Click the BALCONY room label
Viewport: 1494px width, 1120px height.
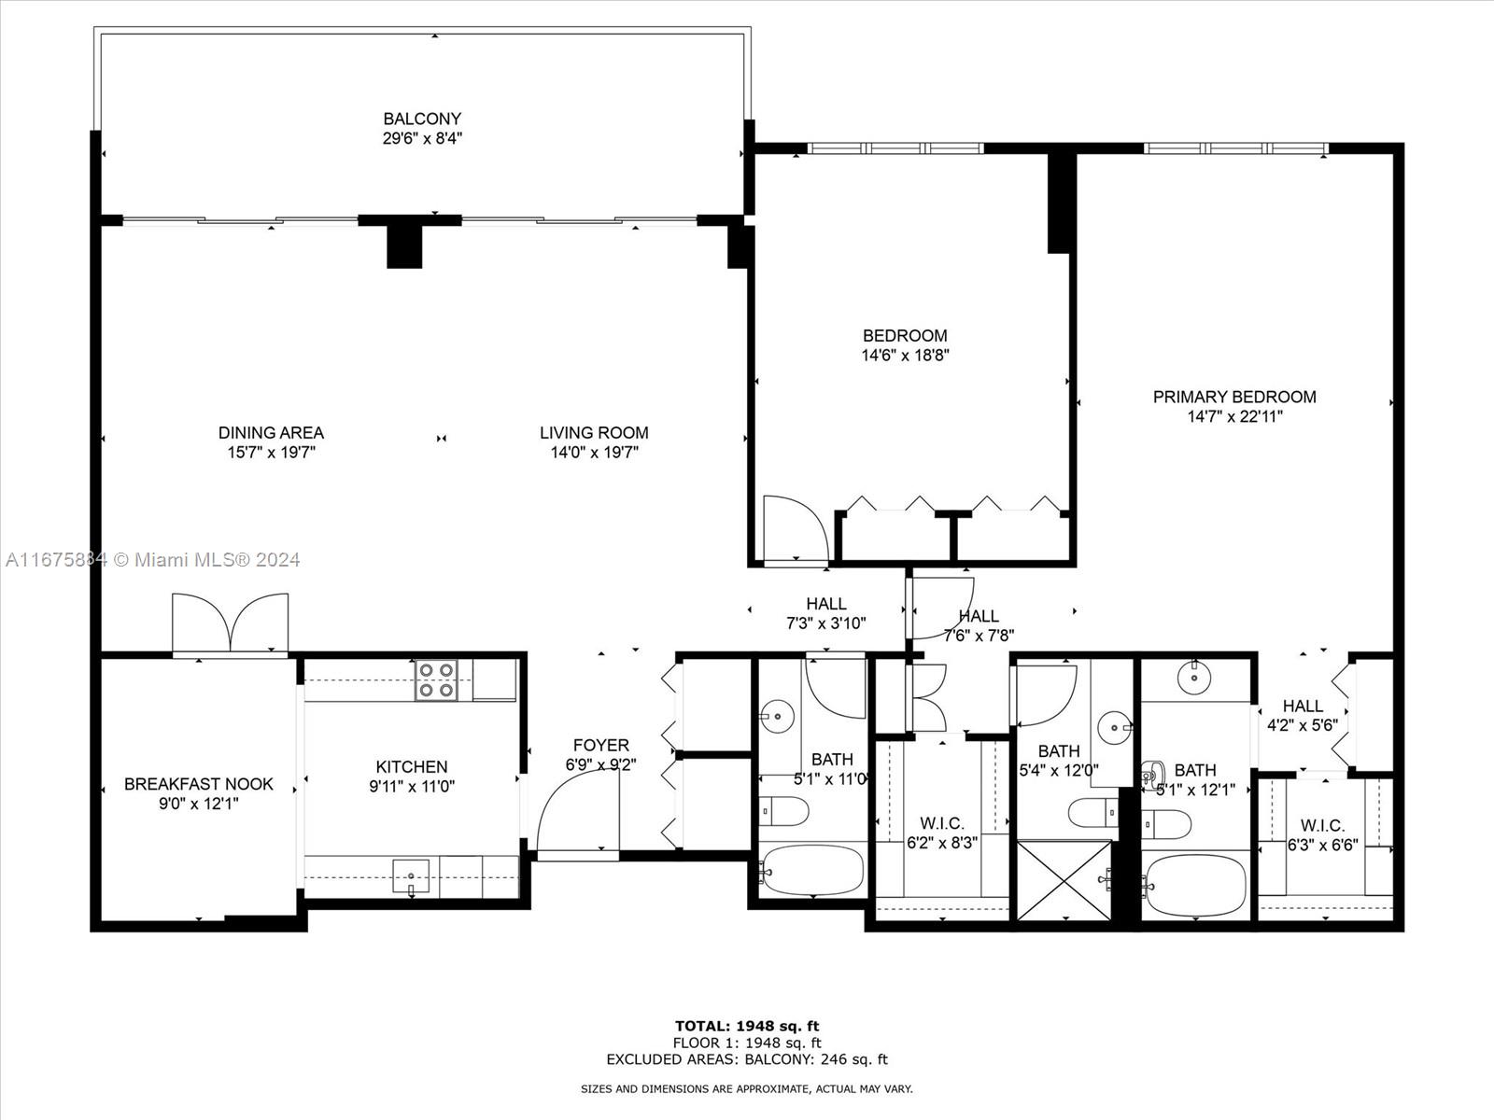coord(422,119)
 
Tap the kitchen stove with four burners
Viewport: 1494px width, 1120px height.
coord(436,680)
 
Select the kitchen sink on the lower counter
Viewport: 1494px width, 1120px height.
coord(411,876)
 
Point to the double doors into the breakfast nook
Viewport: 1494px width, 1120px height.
coord(231,623)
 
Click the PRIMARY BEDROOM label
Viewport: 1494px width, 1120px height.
coord(1234,397)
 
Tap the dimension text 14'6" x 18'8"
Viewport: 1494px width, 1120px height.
coord(905,356)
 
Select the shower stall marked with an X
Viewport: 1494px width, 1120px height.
coord(1064,880)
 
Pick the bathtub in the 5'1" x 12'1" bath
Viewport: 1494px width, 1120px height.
coord(1196,885)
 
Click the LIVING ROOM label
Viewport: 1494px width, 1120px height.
coord(594,432)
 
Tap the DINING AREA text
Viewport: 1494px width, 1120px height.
coord(271,432)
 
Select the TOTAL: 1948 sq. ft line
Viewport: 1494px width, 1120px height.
coord(747,1026)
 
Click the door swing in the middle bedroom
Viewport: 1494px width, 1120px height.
coord(794,529)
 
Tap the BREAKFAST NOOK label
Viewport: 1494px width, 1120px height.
coord(199,784)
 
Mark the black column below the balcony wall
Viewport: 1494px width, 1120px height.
coord(404,246)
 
